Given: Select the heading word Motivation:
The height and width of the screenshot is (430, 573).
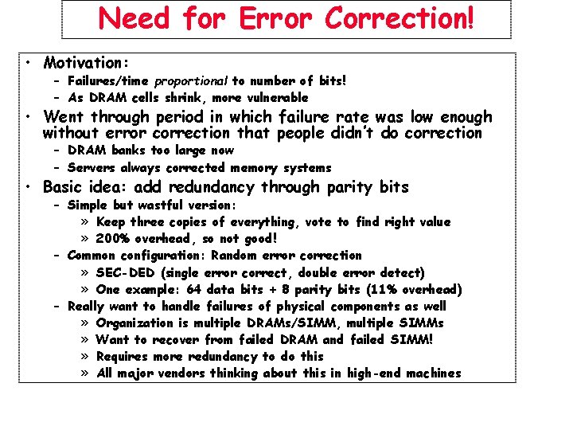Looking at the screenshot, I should tap(87, 62).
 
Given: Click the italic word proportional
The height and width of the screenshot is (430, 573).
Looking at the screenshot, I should tap(191, 80).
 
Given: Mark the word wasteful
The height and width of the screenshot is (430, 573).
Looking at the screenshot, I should tap(170, 205).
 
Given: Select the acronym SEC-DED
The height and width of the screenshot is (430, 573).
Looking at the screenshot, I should tap(126, 272).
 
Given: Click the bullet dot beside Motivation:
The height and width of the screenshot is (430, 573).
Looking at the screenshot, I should tap(28, 62).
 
